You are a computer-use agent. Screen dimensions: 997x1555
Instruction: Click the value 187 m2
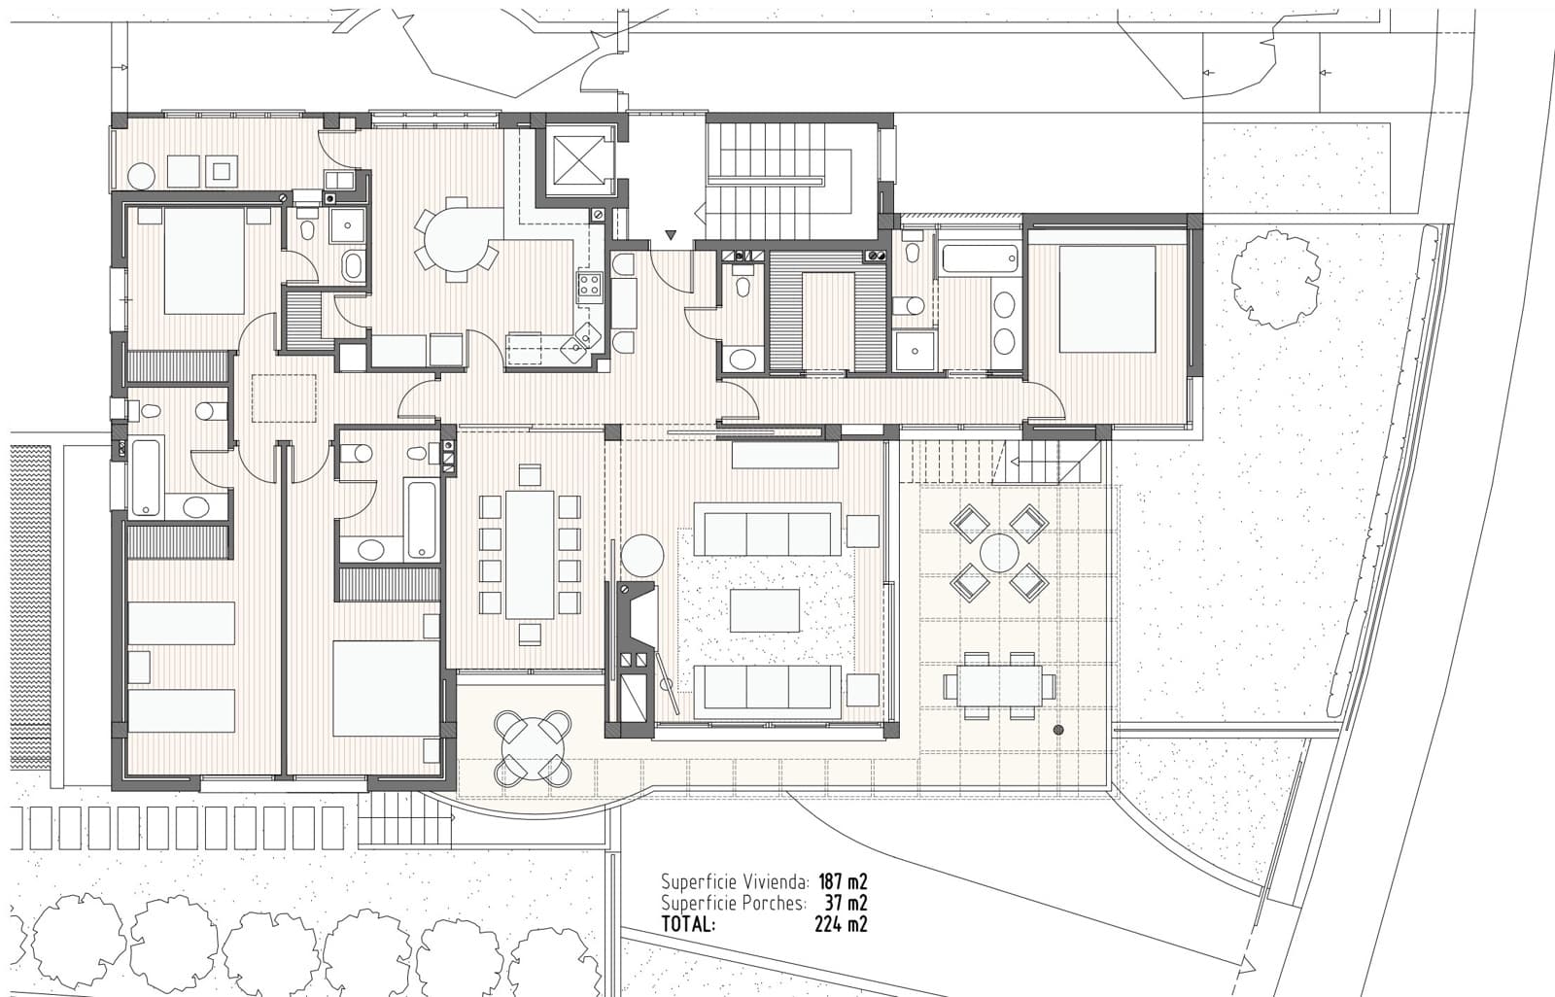pyautogui.click(x=842, y=882)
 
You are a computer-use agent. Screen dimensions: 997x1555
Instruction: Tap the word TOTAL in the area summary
pyautogui.click(x=688, y=924)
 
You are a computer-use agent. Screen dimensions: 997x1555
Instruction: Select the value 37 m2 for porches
pyautogui.click(x=846, y=904)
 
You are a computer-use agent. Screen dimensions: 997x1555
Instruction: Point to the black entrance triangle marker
pyautogui.click(x=670, y=235)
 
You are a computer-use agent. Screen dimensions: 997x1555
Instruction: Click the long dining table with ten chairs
pyautogui.click(x=530, y=555)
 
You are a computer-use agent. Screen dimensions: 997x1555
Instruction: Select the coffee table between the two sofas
pyautogui.click(x=765, y=610)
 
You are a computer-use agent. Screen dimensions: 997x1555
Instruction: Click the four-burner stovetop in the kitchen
pyautogui.click(x=589, y=286)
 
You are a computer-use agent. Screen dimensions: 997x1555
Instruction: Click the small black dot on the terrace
pyautogui.click(x=1058, y=730)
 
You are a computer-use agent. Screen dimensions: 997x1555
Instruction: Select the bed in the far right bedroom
pyautogui.click(x=1107, y=299)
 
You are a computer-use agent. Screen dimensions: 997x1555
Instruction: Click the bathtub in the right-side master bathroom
pyautogui.click(x=980, y=258)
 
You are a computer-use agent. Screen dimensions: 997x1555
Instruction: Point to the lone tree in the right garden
pyautogui.click(x=1275, y=278)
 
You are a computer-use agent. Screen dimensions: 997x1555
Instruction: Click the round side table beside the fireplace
pyautogui.click(x=642, y=556)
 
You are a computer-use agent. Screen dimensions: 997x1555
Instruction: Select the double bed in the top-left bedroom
pyautogui.click(x=204, y=260)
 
